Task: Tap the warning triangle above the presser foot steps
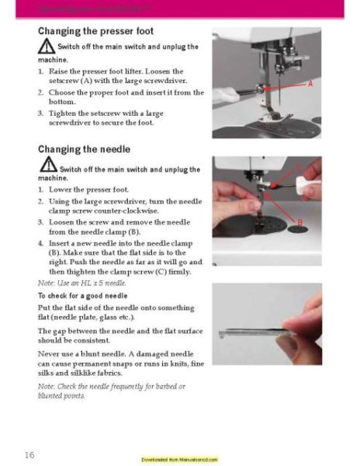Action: [x=47, y=47]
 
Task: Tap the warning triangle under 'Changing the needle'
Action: [x=47, y=167]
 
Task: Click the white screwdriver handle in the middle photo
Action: [x=307, y=183]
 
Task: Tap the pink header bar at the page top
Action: [x=180, y=9]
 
